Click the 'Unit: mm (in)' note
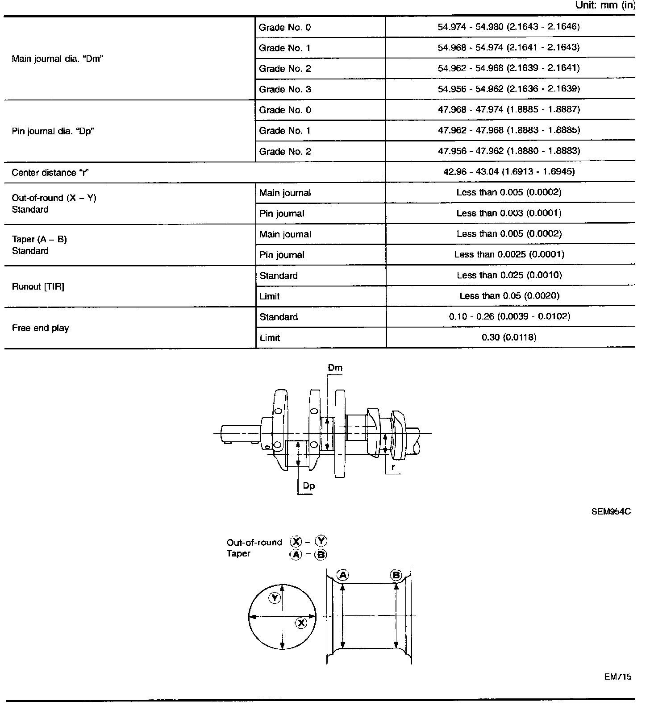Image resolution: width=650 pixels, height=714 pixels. click(605, 6)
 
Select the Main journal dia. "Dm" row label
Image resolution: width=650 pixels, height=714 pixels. click(58, 59)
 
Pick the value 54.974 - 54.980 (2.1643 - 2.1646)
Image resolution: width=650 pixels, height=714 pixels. click(508, 27)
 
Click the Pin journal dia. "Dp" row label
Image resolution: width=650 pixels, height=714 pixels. click(53, 131)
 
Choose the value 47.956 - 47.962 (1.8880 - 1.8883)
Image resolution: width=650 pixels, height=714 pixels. click(509, 151)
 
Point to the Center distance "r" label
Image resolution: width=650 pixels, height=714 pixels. click(50, 173)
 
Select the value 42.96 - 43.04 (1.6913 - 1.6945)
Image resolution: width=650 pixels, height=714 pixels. click(509, 171)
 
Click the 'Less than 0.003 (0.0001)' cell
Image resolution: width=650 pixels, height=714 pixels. click(509, 213)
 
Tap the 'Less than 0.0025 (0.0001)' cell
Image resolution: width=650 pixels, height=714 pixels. click(509, 254)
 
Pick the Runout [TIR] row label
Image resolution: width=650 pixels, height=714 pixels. click(38, 286)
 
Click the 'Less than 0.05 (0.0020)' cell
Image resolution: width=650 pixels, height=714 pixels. click(509, 295)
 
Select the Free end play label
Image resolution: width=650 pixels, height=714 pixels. click(40, 328)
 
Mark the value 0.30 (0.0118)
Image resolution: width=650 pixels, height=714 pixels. click(509, 337)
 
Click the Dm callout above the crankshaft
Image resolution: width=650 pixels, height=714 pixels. click(335, 368)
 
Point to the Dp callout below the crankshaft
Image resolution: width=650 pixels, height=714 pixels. click(308, 486)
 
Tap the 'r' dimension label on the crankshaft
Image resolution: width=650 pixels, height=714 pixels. click(393, 467)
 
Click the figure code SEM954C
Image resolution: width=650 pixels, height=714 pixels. click(611, 511)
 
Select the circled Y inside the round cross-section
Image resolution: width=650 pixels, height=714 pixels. click(275, 598)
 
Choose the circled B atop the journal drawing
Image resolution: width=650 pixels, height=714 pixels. click(396, 575)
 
